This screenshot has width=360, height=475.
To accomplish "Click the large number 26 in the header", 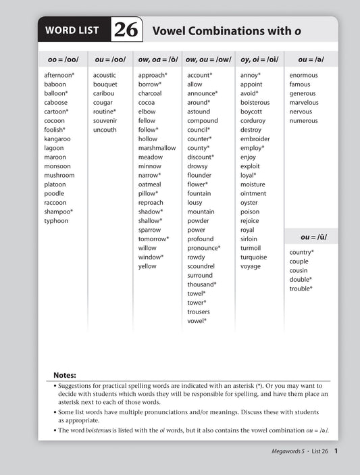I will (x=126, y=30).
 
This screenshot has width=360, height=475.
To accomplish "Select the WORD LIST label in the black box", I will (x=72, y=30).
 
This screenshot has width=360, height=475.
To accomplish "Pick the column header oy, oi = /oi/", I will (x=259, y=59).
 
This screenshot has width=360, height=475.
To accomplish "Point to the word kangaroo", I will (x=57, y=139).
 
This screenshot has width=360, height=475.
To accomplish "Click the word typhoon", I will (x=56, y=221).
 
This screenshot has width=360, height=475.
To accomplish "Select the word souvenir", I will (x=105, y=120).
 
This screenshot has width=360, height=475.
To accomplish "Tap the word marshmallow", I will (x=157, y=148).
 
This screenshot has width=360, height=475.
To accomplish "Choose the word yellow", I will (x=147, y=266).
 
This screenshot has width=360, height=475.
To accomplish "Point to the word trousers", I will (x=199, y=312).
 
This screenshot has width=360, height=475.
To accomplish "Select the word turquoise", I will (x=254, y=257).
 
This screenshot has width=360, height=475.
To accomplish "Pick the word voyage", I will (x=251, y=266).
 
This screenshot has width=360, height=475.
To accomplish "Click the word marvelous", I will (x=304, y=103).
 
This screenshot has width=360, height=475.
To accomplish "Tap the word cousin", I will (x=299, y=270).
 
